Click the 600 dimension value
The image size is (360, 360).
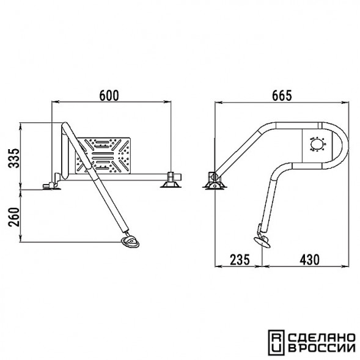click(x=109, y=95)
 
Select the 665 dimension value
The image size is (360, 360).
click(x=282, y=95)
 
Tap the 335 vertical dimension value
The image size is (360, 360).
click(x=14, y=158)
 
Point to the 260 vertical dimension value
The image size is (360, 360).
click(x=14, y=217)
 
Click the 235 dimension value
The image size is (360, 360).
click(x=240, y=259)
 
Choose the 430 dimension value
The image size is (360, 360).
click(x=309, y=259)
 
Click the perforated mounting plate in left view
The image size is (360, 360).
click(x=103, y=155)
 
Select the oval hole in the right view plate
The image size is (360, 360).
click(x=317, y=144)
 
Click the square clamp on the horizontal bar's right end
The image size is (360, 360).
click(x=171, y=177)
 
